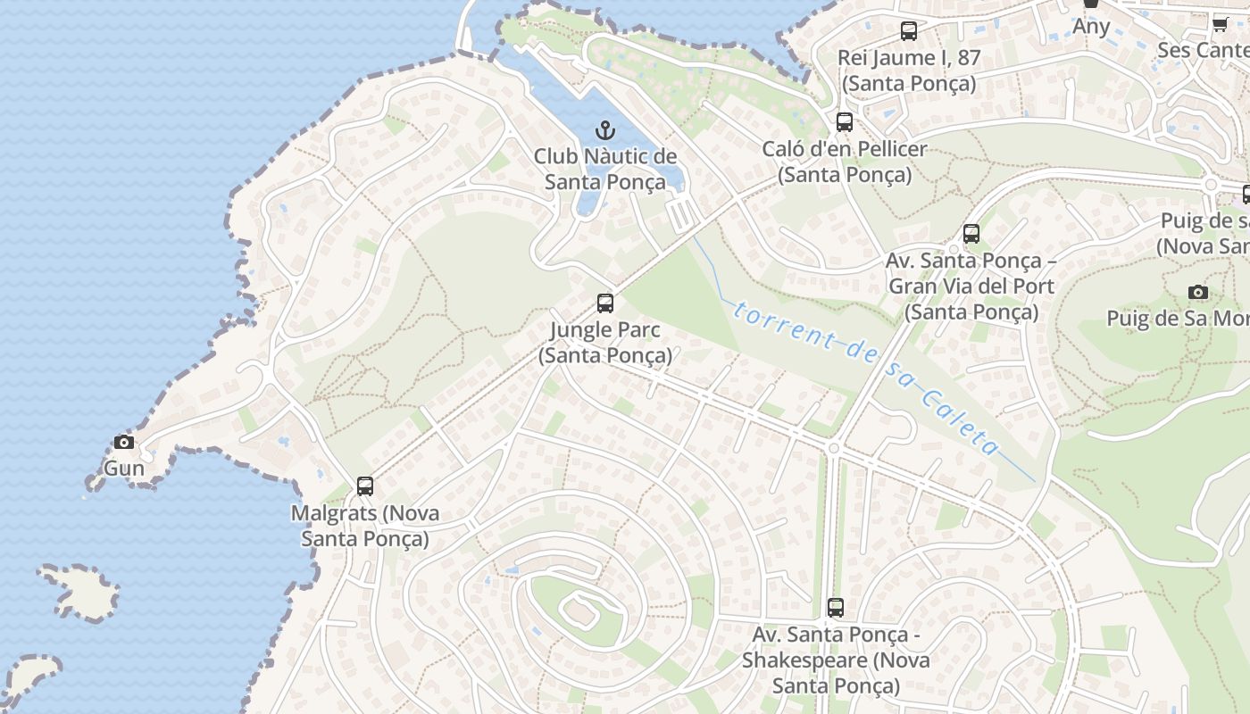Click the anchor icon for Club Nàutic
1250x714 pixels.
pos(605,130)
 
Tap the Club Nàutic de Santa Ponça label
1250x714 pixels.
pos(605,170)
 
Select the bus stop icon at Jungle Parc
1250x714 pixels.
pos(605,303)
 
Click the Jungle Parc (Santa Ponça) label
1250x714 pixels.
pos(605,343)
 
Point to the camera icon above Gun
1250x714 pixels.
pos(124,442)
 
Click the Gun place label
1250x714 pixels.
pos(124,469)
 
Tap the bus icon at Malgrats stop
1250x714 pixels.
pos(364,486)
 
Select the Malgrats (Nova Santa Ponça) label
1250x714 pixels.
pos(365,527)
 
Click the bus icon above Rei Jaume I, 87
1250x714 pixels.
pos(908,31)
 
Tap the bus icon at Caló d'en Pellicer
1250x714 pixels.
pos(844,122)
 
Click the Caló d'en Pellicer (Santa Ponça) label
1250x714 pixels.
pos(845,162)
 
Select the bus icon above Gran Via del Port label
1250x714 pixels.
pos(971,234)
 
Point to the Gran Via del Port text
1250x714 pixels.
pos(971,286)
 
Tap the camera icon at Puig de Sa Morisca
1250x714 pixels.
pos(1198,292)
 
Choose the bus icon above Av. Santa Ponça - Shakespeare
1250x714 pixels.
pos(835,608)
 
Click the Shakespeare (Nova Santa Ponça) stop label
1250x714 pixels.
pos(836,673)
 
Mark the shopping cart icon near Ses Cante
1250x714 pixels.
pos(1220,24)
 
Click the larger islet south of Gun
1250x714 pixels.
pos(82,593)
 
